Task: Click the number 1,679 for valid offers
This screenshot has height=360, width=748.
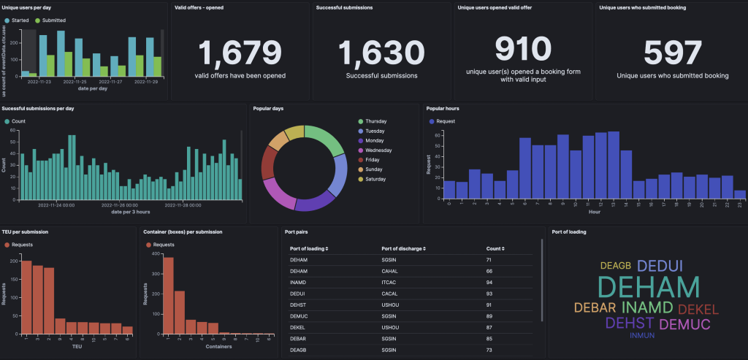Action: click(240, 53)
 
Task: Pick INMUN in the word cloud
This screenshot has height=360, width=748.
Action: click(642, 336)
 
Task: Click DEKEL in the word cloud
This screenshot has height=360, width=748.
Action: click(698, 309)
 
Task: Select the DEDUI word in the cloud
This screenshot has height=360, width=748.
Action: click(660, 266)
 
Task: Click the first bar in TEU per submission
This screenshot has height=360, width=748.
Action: click(26, 297)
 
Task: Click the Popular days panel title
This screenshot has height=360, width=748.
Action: click(268, 108)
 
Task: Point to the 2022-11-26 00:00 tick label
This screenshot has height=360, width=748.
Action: click(120, 205)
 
